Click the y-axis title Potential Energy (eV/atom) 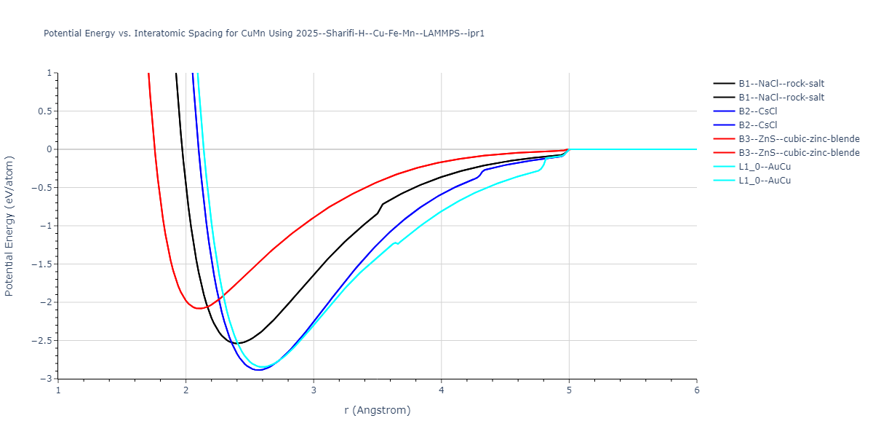(x=9, y=226)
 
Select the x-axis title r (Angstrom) (x=378, y=410)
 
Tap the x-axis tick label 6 (x=697, y=390)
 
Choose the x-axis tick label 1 (x=58, y=390)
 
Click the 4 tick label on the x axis (x=442, y=390)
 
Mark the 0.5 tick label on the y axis (x=46, y=111)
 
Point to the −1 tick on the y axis (x=47, y=226)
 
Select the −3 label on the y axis (x=47, y=379)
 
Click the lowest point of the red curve (x=199, y=308)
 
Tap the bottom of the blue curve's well (x=258, y=370)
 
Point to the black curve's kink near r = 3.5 (x=380, y=207)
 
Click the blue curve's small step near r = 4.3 (x=482, y=172)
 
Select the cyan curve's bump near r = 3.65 (x=396, y=243)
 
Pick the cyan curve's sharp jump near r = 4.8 (x=544, y=165)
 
